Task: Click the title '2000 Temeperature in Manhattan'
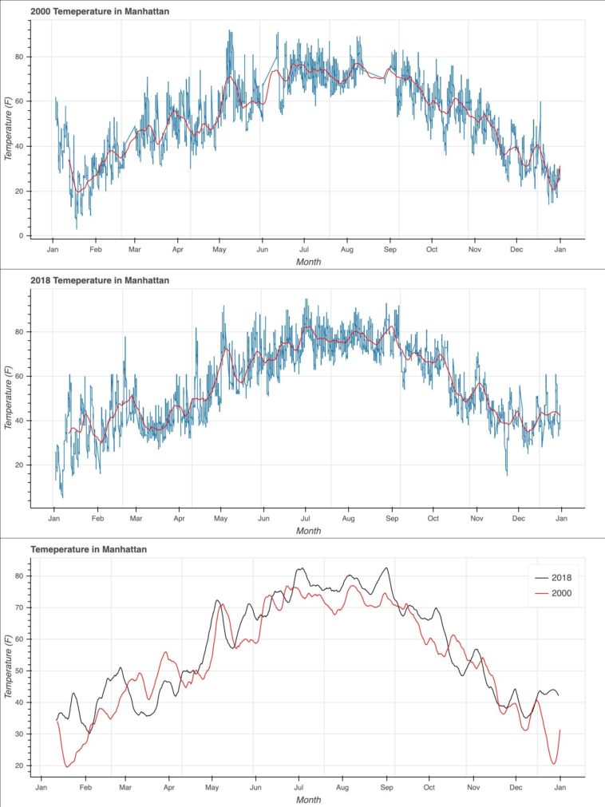tap(99, 12)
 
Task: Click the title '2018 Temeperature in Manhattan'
tap(99, 281)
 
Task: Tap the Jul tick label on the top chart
tap(303, 249)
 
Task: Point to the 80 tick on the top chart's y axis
tap(22, 57)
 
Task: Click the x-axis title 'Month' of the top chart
tap(308, 261)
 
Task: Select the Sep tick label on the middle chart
tap(391, 518)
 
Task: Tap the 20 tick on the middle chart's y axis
tap(22, 465)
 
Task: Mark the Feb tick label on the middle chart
tap(97, 518)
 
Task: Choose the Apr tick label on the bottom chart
tap(168, 788)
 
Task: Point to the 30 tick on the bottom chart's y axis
tap(22, 734)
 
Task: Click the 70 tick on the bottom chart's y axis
tap(22, 608)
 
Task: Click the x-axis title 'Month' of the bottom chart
tap(308, 799)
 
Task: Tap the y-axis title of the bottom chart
tap(9, 666)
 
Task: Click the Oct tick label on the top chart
tap(432, 249)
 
